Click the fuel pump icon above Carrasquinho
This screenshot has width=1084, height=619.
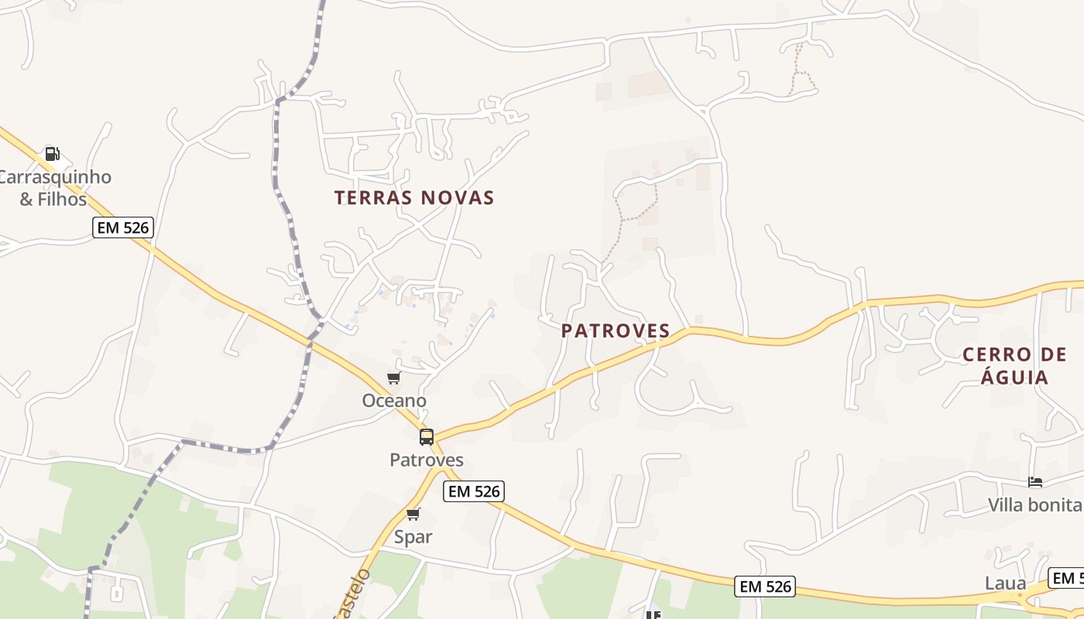pyautogui.click(x=52, y=153)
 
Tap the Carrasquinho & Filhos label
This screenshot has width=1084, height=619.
pyautogui.click(x=53, y=188)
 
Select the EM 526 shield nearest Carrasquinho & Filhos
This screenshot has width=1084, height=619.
pyautogui.click(x=123, y=227)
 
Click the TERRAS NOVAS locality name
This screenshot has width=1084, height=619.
pyautogui.click(x=414, y=198)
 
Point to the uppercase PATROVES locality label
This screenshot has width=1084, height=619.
pyautogui.click(x=616, y=331)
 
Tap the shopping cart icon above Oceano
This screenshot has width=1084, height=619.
pyautogui.click(x=394, y=378)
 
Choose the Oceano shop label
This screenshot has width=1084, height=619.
pyautogui.click(x=394, y=401)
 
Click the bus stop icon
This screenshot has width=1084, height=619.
pyautogui.click(x=427, y=437)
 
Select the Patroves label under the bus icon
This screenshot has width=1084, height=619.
pyautogui.click(x=427, y=460)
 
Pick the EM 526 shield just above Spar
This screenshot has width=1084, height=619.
pyautogui.click(x=474, y=491)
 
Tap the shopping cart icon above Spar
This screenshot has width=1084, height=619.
pyautogui.click(x=413, y=515)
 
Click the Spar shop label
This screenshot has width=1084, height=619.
pyautogui.click(x=413, y=537)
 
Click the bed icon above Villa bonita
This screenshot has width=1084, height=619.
pyautogui.click(x=1035, y=482)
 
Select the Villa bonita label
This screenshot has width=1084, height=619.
pyautogui.click(x=1034, y=505)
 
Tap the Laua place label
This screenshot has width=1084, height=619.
pyautogui.click(x=1005, y=583)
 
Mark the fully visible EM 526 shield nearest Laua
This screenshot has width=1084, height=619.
pyautogui.click(x=765, y=587)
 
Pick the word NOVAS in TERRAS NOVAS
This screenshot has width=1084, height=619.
pyautogui.click(x=457, y=198)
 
